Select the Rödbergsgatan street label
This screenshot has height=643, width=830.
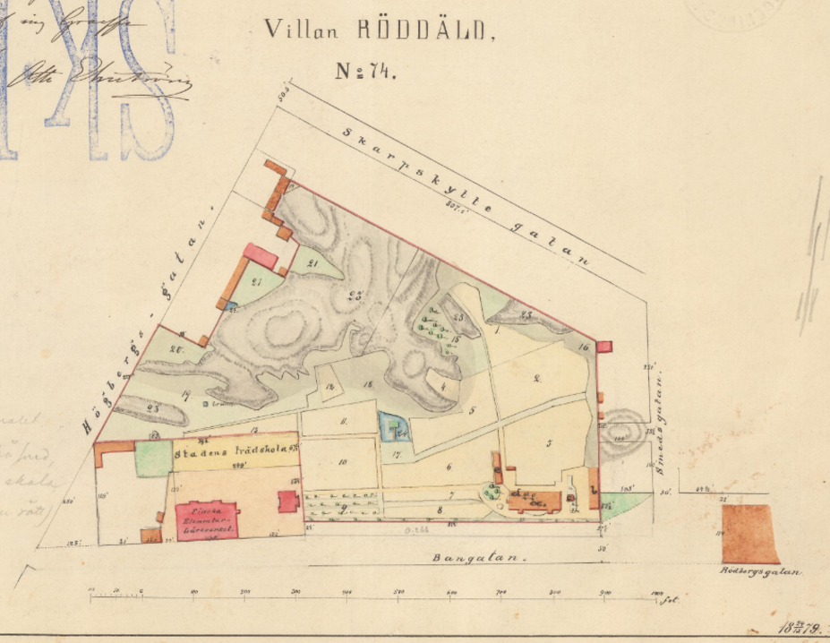click(761, 571)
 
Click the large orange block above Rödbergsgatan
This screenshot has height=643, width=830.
click(749, 533)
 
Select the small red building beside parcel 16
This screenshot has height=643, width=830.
click(604, 347)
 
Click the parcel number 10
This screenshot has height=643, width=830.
click(342, 462)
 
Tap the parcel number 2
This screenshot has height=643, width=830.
click(536, 379)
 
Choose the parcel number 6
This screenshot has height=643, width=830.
click(448, 466)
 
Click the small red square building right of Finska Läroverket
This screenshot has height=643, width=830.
click(288, 501)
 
